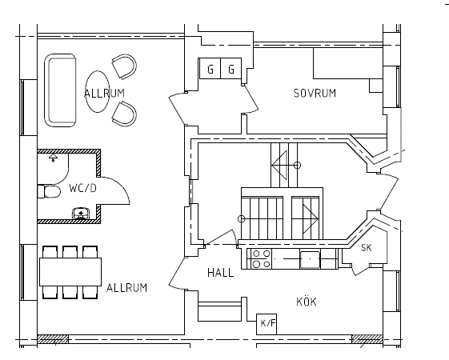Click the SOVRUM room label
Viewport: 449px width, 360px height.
(x=315, y=94)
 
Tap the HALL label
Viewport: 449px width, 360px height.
(x=220, y=273)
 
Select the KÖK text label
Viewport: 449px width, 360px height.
(x=307, y=302)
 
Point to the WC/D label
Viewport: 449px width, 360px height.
(x=82, y=188)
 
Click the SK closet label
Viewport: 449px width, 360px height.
(x=367, y=247)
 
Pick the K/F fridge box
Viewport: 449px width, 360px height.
(x=267, y=324)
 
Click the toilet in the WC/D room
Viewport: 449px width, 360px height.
(x=49, y=191)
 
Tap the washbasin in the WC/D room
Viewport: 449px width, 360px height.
(x=81, y=214)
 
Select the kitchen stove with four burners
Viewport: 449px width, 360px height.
(x=261, y=258)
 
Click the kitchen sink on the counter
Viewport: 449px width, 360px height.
(x=310, y=259)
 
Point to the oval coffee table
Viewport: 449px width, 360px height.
(x=98, y=91)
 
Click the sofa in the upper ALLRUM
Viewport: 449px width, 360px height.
(x=60, y=90)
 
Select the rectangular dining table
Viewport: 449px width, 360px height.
(x=70, y=272)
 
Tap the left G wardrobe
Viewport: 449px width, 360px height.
(x=210, y=68)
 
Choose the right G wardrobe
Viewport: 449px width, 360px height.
(x=231, y=68)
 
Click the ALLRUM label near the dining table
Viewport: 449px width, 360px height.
(x=126, y=287)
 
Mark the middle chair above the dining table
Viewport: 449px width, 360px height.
(x=70, y=252)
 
